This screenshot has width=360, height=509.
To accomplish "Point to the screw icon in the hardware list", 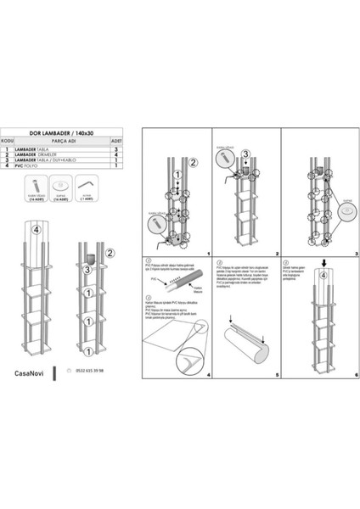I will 31,184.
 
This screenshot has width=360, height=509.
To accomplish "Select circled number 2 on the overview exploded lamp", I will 111,252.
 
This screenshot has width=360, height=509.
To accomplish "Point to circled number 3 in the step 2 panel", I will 245,154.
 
